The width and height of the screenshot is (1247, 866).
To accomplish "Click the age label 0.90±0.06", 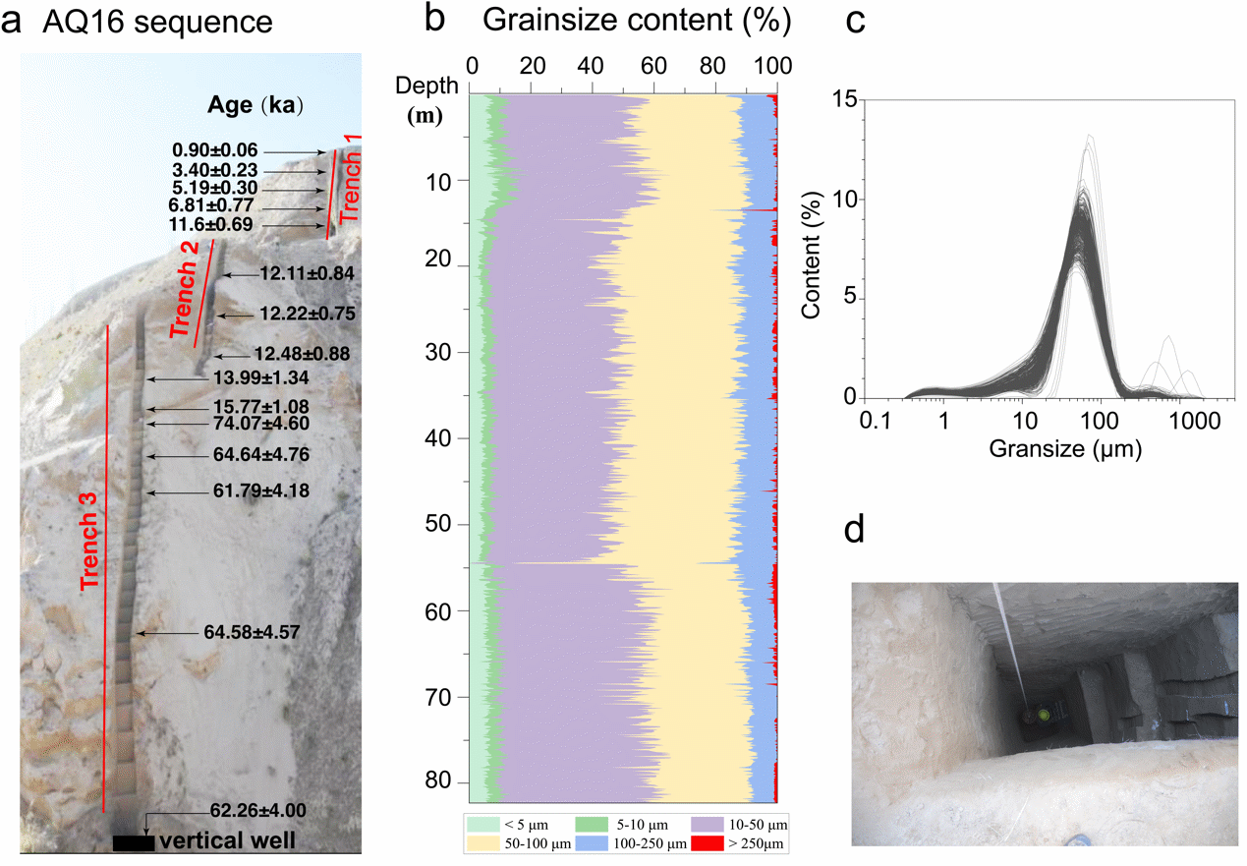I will point(214,150).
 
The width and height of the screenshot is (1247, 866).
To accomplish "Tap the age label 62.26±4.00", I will point(257,811).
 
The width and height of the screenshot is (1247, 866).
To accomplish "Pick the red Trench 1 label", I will point(351,178).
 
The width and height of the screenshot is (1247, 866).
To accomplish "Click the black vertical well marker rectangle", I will point(133,842).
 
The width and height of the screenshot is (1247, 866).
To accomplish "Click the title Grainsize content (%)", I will point(638,20).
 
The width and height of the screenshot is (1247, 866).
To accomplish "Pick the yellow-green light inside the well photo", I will point(1044,715).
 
